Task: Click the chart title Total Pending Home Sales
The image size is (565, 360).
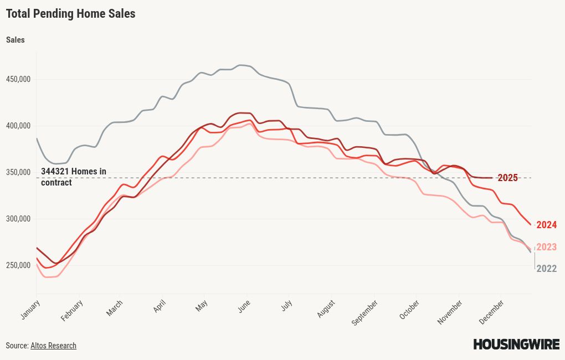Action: click(x=70, y=14)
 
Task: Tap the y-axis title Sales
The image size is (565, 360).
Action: click(x=15, y=40)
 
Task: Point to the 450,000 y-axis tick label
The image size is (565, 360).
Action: click(x=18, y=79)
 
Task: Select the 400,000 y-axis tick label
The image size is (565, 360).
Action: click(x=18, y=126)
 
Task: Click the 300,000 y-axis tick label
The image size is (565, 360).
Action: click(x=18, y=219)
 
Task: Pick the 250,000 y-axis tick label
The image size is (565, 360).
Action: click(x=18, y=265)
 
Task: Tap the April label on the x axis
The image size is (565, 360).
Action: click(x=160, y=307)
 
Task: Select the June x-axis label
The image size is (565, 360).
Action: click(x=244, y=306)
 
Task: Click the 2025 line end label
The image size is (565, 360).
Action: click(x=507, y=178)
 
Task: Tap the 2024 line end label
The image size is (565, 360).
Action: click(x=546, y=225)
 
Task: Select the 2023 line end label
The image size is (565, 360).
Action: click(x=546, y=247)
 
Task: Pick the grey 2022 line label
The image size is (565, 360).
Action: click(x=546, y=269)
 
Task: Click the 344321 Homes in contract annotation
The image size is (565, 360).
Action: click(x=73, y=177)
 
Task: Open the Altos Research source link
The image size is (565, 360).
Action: click(x=53, y=346)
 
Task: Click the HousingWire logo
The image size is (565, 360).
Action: click(x=516, y=344)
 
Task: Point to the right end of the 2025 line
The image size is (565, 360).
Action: click(x=492, y=178)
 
